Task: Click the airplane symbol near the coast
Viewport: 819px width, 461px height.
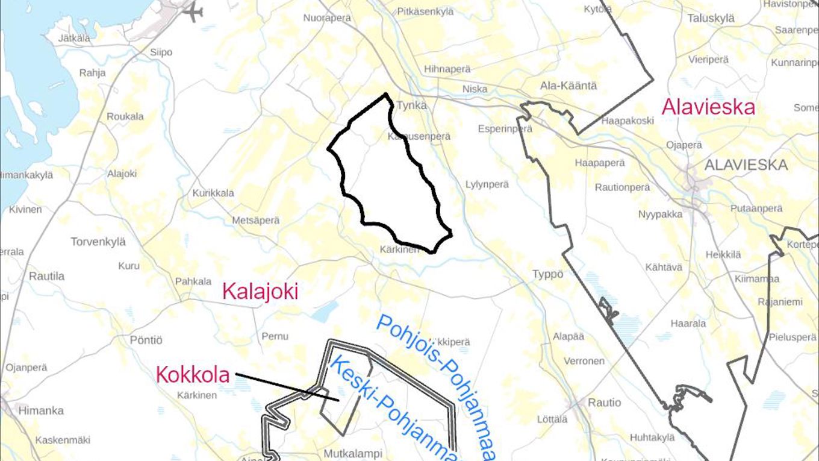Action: coord(193,11)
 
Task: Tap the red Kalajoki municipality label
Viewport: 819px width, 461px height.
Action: coord(260,292)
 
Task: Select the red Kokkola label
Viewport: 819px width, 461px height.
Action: coord(193,375)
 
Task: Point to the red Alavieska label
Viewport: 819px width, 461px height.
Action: coord(708,107)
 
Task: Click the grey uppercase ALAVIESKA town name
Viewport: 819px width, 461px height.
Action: coord(746,165)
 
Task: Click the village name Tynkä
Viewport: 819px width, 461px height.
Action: coord(411,105)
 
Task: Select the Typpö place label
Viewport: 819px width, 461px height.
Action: coord(548,274)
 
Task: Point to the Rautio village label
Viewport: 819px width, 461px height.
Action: coord(604,403)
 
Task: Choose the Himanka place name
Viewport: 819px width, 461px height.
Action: coord(41,410)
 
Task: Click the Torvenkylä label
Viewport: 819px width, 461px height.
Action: coord(98,242)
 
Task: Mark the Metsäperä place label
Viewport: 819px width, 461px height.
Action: coord(256,221)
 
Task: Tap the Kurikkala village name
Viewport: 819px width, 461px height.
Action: coord(213,193)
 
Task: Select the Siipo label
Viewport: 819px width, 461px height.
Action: coord(161,52)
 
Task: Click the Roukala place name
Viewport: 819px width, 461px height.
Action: coord(125,116)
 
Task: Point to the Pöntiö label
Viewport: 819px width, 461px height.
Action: coord(146,340)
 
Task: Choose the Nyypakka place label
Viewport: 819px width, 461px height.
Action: coord(661,214)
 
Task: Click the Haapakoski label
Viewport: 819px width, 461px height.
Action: coord(627,121)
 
